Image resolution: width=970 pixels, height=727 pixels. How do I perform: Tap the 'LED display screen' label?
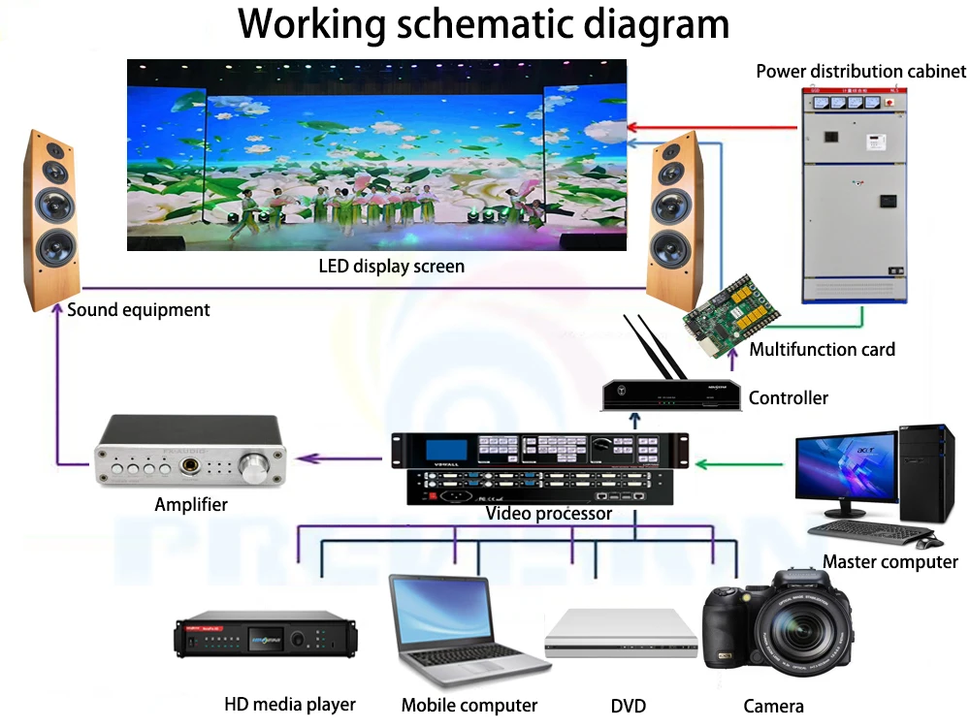[392, 266]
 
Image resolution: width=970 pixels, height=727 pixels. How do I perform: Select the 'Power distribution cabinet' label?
[860, 71]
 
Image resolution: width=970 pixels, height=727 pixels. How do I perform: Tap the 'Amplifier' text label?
[191, 504]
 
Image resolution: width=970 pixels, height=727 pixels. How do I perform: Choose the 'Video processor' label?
[549, 513]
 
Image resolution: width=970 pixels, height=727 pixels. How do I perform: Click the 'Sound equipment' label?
[138, 310]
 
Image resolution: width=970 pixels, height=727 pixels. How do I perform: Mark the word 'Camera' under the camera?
[773, 706]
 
